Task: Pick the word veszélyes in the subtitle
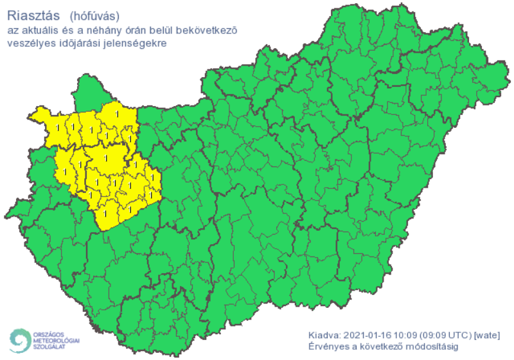[x=28, y=43]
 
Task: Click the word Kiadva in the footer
[x=323, y=336]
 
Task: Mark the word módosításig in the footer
[x=451, y=347]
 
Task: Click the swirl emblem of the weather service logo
[x=20, y=339]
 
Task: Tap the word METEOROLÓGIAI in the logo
[x=57, y=339]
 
